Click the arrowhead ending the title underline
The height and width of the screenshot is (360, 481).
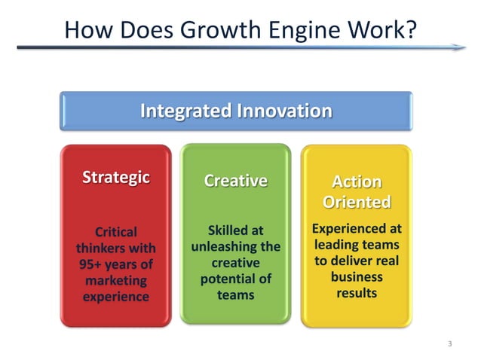pos(459,48)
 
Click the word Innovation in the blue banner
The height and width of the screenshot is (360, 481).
pos(284,111)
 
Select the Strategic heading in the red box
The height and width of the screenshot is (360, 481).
pos(115,178)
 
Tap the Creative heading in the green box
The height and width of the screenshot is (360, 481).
pos(235,181)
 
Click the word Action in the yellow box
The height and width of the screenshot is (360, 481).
pos(357,182)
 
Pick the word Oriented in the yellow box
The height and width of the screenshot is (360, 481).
pos(357,202)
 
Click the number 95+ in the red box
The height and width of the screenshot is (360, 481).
pos(92,264)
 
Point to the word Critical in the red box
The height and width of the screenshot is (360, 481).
pos(115,231)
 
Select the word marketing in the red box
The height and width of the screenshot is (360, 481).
pos(115,281)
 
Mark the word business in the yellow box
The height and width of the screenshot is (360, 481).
pos(357,276)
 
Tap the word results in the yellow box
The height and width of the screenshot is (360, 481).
pos(357,292)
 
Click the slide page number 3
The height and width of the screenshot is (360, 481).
pos(449,344)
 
